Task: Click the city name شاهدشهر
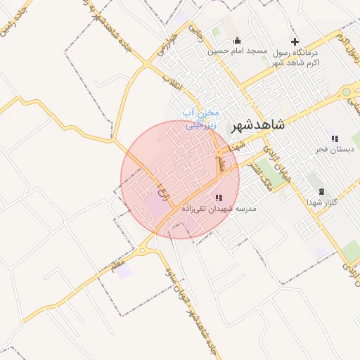pyautogui.click(x=257, y=123)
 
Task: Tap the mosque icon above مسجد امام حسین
pyautogui.click(x=236, y=40)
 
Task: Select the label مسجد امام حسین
pyautogui.click(x=236, y=51)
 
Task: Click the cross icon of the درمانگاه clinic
pyautogui.click(x=295, y=41)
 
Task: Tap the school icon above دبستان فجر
pyautogui.click(x=334, y=138)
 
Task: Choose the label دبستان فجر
pyautogui.click(x=335, y=149)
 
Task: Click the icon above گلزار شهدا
pyautogui.click(x=321, y=191)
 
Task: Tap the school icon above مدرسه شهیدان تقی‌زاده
pyautogui.click(x=219, y=198)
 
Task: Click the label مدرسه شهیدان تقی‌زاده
pyautogui.click(x=219, y=209)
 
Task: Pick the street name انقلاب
pyautogui.click(x=171, y=83)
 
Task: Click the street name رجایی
pyautogui.click(x=196, y=30)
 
